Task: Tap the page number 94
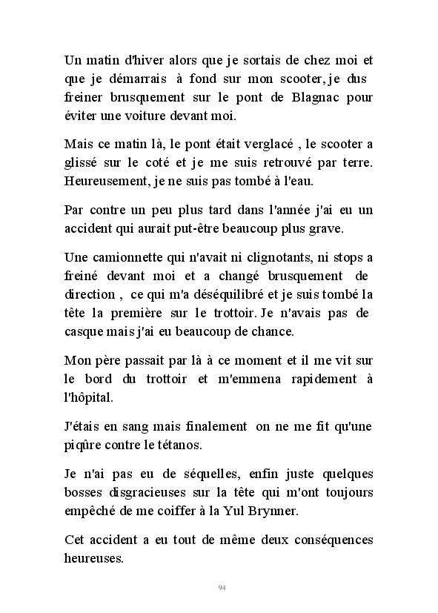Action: click(x=222, y=588)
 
